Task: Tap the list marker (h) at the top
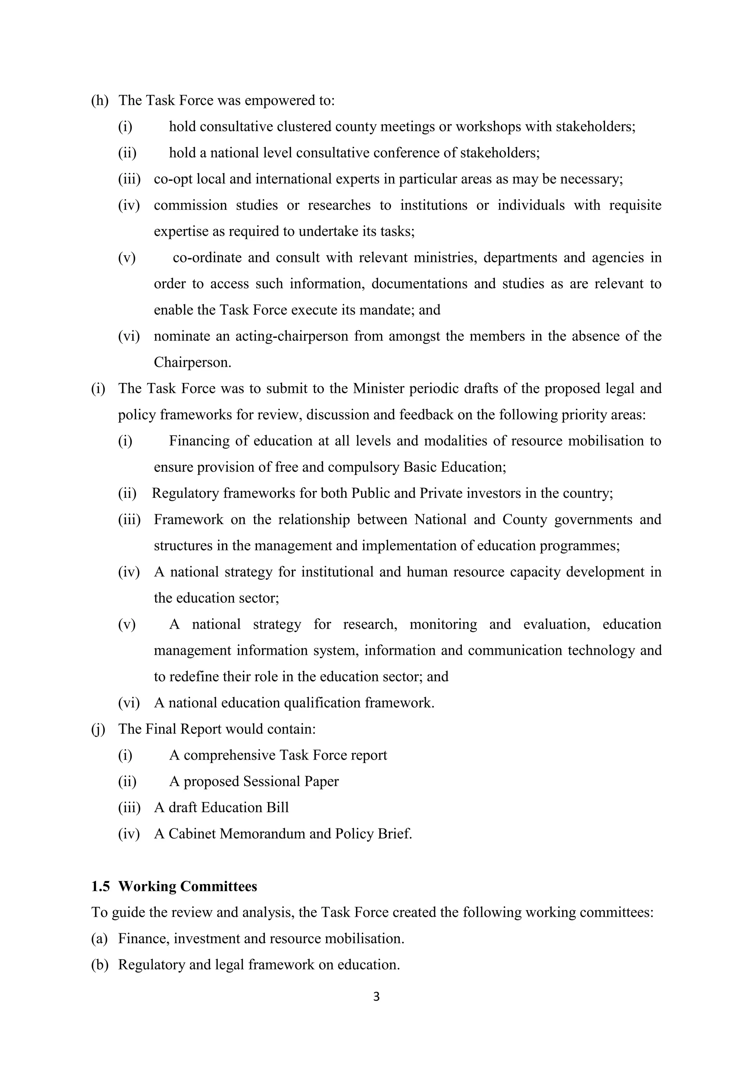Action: [99, 100]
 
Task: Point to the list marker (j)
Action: [98, 729]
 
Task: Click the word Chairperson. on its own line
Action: [192, 362]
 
